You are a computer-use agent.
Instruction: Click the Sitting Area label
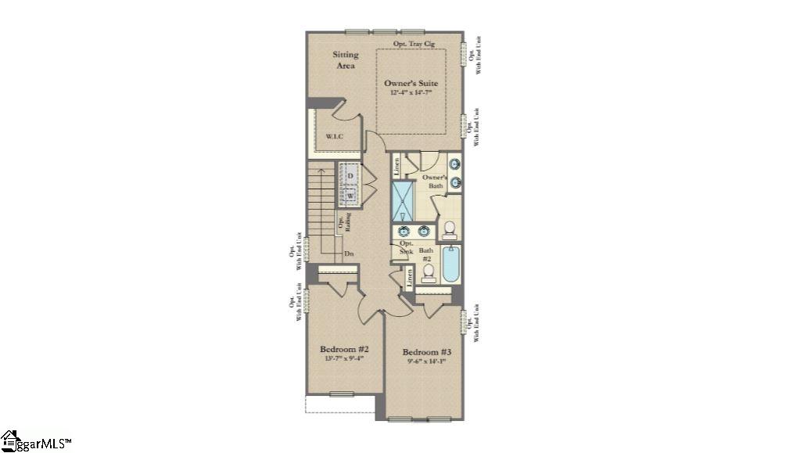pos(346,60)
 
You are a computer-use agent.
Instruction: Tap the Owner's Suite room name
pos(411,83)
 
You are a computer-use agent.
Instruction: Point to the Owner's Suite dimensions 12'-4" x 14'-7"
pos(411,92)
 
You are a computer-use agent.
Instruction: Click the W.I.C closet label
pos(335,138)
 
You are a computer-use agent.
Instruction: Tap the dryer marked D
pos(350,175)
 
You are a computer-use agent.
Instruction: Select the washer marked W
pos(350,194)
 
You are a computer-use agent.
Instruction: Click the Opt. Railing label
pos(344,224)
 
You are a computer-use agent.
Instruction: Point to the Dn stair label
pos(349,254)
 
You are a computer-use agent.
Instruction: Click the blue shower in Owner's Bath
pos(402,201)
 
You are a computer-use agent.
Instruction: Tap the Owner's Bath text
pos(435,182)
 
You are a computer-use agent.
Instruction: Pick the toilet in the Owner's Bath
pos(449,229)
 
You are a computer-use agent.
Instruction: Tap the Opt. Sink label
pos(406,248)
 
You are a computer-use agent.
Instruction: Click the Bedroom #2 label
pos(344,349)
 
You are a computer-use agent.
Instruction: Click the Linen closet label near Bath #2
pos(409,277)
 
